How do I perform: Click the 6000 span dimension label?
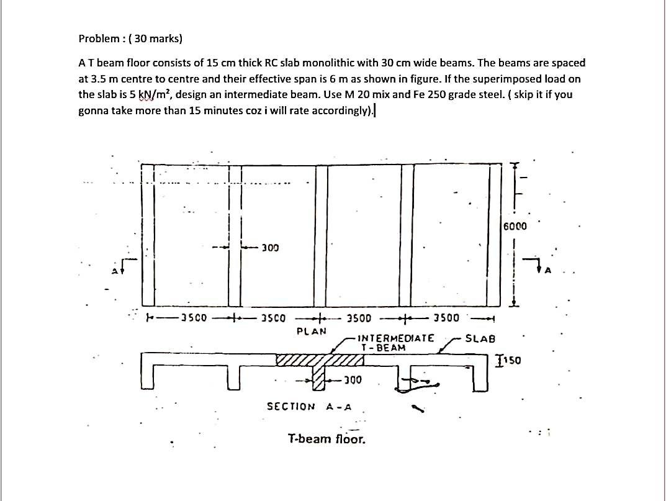(x=515, y=226)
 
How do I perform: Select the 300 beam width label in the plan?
(x=269, y=248)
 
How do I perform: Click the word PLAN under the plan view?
(x=312, y=331)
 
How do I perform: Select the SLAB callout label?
(x=480, y=339)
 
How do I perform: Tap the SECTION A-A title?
(x=309, y=407)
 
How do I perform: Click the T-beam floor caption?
(x=326, y=440)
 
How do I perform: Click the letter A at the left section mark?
(x=115, y=271)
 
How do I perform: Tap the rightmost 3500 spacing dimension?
(x=446, y=318)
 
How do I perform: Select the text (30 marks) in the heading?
(x=158, y=38)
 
